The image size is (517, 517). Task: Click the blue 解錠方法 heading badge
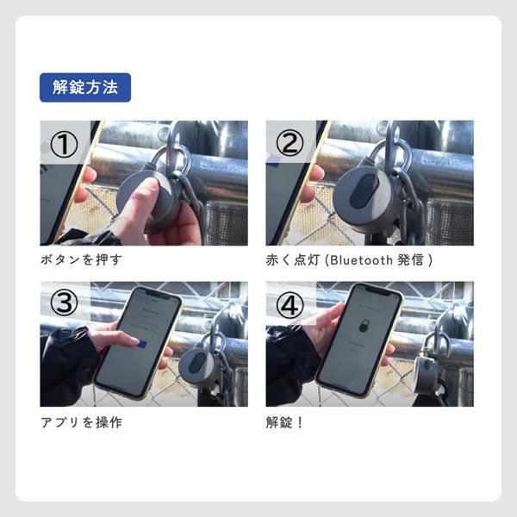point(84,87)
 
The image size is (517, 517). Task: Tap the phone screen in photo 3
point(138,340)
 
